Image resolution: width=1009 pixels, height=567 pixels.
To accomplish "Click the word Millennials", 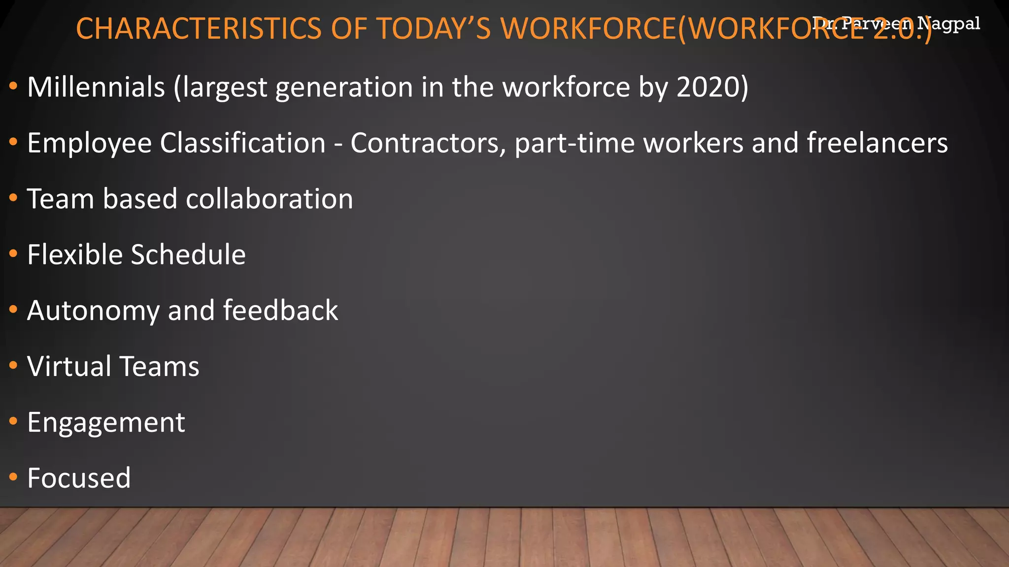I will [96, 87].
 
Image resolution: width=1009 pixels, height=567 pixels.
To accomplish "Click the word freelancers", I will [877, 143].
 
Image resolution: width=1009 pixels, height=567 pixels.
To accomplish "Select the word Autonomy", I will [94, 311].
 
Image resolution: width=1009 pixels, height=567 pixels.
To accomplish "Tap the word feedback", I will [280, 311].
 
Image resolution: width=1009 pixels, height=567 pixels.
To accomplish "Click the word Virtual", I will [69, 367].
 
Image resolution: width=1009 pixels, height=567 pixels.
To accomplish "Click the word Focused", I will [79, 478].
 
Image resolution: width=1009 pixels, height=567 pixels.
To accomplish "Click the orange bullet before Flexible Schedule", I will [13, 254].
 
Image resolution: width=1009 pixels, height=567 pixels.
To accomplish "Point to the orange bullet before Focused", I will [13, 477].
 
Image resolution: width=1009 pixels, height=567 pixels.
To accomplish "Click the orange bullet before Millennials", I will [13, 87].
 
